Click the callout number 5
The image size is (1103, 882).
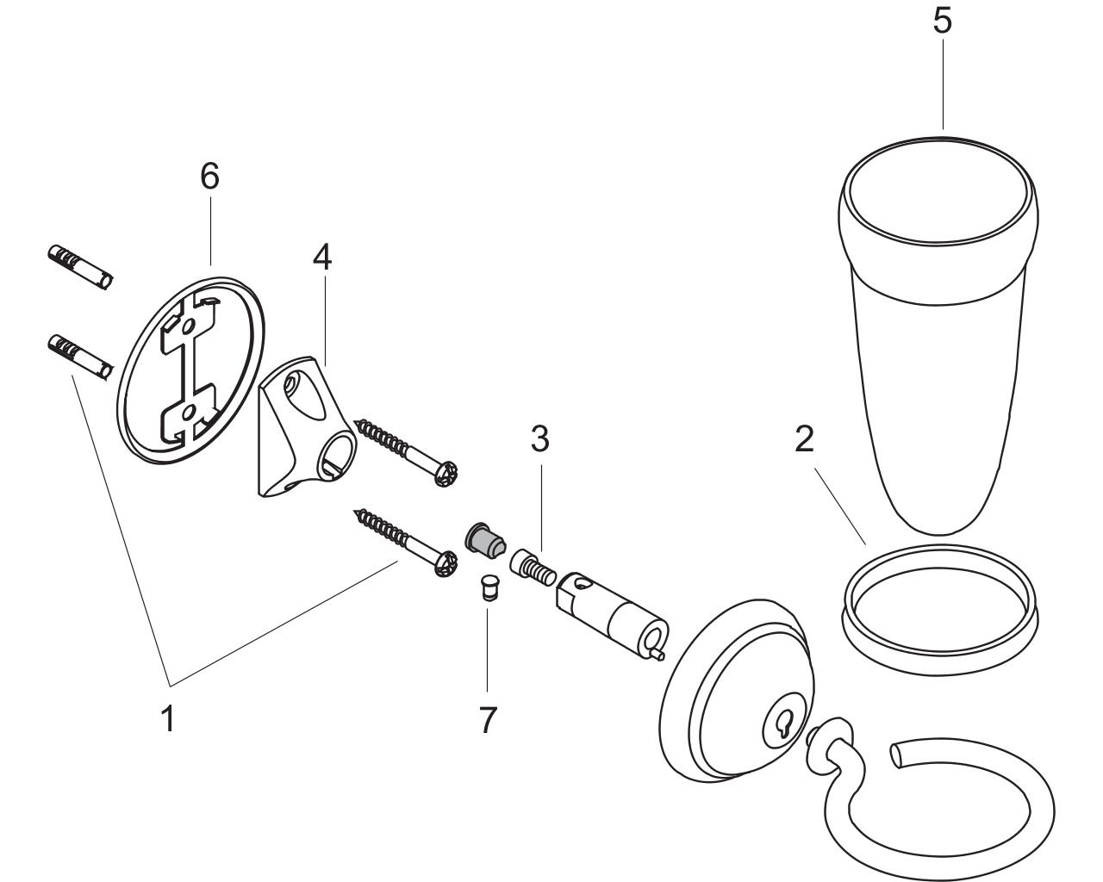942,21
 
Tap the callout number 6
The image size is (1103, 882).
209,176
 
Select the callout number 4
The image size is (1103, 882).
322,258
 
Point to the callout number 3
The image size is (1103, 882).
540,439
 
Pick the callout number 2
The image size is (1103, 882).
804,439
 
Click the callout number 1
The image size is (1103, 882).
168,718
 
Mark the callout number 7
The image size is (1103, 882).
488,719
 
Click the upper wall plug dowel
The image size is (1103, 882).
80,268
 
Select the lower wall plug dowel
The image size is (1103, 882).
80,357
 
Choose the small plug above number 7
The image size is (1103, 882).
489,590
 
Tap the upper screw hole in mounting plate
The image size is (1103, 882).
188,326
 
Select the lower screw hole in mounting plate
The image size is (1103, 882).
188,411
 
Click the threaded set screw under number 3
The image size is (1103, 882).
533,568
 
